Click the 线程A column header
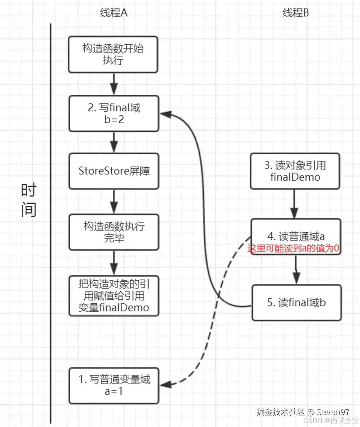114,13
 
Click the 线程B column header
295,13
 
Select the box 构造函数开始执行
113,54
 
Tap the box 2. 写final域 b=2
114,113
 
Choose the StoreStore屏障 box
114,171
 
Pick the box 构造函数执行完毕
114,232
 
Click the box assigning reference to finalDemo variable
114,296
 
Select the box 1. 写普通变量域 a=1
114,385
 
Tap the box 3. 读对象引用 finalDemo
295,171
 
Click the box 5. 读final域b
296,302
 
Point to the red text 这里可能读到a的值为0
293,249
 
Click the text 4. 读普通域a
296,236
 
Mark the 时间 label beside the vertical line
28,200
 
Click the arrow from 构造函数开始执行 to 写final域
114,84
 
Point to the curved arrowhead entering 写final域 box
166,114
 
